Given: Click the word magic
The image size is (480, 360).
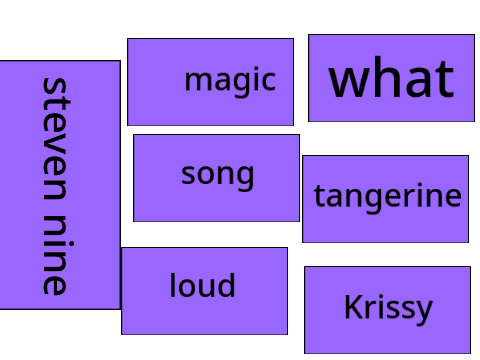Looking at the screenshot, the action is (230, 80).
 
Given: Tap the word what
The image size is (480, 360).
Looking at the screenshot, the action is (391, 77).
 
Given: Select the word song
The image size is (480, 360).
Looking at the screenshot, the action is (217, 176).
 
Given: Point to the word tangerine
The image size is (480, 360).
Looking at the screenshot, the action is (388, 197).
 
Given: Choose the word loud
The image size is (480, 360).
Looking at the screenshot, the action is (202, 285).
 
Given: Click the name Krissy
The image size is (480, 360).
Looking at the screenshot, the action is (388, 309).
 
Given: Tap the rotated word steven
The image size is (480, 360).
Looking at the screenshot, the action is (55, 139).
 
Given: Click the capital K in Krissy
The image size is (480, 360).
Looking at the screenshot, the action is (354, 307).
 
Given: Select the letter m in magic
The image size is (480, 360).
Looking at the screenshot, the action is (198, 82).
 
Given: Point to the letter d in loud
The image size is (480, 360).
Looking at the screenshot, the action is (225, 285).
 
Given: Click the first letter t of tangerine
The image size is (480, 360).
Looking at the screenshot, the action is (319, 196).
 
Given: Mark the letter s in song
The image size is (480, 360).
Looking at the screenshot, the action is (187, 175).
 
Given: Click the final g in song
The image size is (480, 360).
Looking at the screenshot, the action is (245, 178).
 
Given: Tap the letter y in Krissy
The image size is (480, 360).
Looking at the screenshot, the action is (424, 313).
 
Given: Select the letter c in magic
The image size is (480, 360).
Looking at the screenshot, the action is (269, 82).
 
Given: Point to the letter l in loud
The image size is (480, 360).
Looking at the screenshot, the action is (173, 285).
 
